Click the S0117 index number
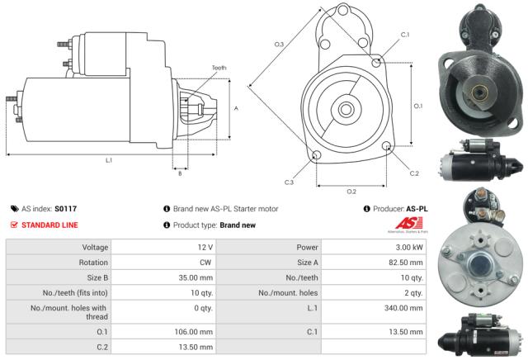point(66,209)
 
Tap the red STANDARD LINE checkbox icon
point(14,225)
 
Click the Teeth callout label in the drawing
point(219,68)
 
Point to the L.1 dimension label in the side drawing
point(108,160)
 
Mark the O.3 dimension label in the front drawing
point(280,44)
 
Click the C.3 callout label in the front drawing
point(289,182)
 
